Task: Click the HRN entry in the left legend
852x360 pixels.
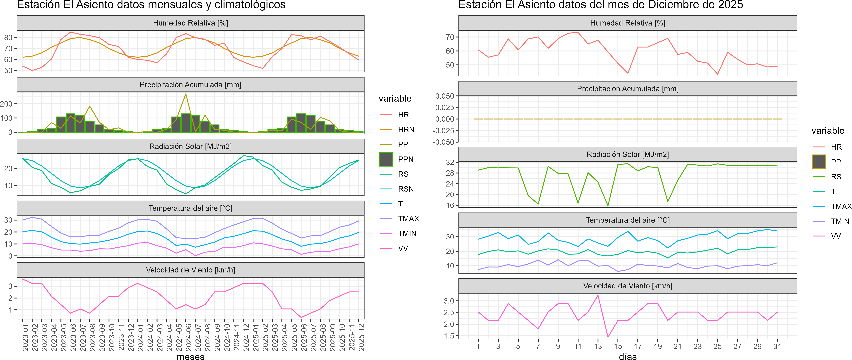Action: pyautogui.click(x=406, y=130)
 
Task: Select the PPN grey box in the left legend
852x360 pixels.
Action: pyautogui.click(x=386, y=159)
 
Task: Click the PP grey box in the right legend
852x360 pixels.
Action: pyautogui.click(x=819, y=162)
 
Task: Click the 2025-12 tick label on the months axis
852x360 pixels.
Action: pyautogui.click(x=361, y=337)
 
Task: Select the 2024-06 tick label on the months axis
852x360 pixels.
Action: pyautogui.click(x=188, y=337)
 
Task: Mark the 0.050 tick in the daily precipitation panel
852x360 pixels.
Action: pyautogui.click(x=444, y=96)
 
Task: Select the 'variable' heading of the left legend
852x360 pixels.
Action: pyautogui.click(x=395, y=99)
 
